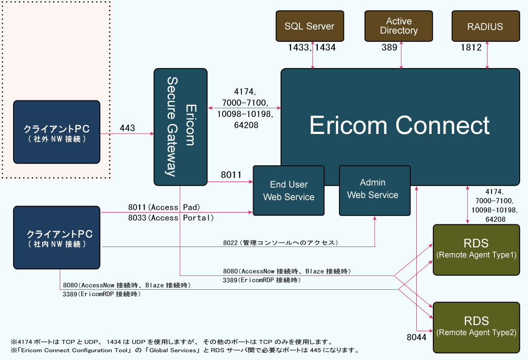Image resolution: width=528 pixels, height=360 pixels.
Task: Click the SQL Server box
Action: pos(309,26)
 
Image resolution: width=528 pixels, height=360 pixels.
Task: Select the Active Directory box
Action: pos(398,26)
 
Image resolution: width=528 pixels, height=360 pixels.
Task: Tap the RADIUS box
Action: pos(485,26)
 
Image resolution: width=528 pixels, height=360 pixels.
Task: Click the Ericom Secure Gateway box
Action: pos(180,127)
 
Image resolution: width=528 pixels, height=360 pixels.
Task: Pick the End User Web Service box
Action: pos(288,191)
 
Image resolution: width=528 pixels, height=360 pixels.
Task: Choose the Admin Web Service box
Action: pos(374,191)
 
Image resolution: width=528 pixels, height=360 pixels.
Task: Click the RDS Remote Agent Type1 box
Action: pos(476,250)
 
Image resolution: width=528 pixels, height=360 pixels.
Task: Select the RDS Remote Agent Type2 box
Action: pos(476,327)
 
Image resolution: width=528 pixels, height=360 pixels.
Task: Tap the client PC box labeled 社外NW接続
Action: pos(56,132)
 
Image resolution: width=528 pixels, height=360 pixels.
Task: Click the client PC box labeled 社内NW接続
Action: pos(56,237)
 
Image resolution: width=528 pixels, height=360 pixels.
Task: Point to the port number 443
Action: pos(127,128)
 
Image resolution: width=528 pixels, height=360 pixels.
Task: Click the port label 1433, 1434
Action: pos(312,48)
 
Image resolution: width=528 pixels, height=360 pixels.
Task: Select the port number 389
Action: pos(389,48)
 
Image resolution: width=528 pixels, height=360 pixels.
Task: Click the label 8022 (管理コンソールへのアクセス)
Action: pos(281,242)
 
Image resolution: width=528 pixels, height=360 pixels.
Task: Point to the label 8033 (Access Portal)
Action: pos(171,218)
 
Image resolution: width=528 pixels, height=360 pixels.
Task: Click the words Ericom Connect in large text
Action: pos(399,126)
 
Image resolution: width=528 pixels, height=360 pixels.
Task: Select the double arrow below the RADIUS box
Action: pos(487,56)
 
